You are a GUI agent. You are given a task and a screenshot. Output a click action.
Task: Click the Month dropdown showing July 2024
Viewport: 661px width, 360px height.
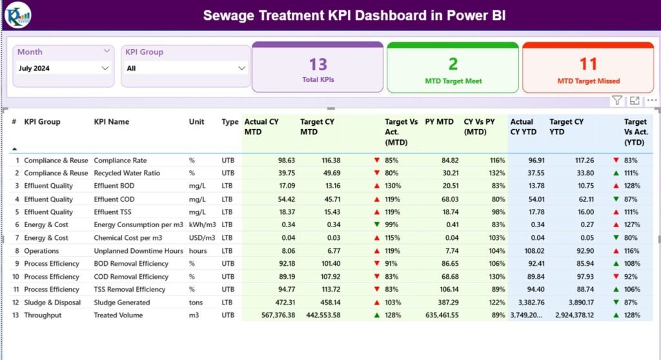tap(63, 68)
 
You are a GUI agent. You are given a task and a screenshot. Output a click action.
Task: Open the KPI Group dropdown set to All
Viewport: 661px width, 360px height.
tap(186, 68)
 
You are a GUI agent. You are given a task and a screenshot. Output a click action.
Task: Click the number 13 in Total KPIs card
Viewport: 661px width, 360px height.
tap(318, 64)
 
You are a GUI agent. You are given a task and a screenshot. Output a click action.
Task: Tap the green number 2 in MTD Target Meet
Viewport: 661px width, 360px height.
tap(453, 64)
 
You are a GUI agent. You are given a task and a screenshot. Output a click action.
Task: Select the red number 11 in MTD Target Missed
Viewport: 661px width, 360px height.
tap(588, 64)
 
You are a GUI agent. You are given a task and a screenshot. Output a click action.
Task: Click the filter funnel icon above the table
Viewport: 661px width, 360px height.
tap(617, 101)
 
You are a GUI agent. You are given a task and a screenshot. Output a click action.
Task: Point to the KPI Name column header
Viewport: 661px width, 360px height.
tap(111, 122)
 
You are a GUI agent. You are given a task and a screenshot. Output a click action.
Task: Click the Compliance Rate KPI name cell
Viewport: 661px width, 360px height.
tap(120, 160)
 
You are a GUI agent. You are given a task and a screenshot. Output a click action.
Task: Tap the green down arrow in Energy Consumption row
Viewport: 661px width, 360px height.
tap(376, 225)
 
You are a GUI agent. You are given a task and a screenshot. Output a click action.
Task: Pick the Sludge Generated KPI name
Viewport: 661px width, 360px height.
tap(121, 303)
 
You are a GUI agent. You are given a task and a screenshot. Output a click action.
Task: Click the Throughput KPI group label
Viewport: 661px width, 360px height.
tap(43, 315)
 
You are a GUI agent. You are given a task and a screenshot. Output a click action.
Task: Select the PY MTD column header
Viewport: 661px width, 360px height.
tap(439, 122)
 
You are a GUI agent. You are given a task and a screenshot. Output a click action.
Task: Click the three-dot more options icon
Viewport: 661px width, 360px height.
tap(651, 101)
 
